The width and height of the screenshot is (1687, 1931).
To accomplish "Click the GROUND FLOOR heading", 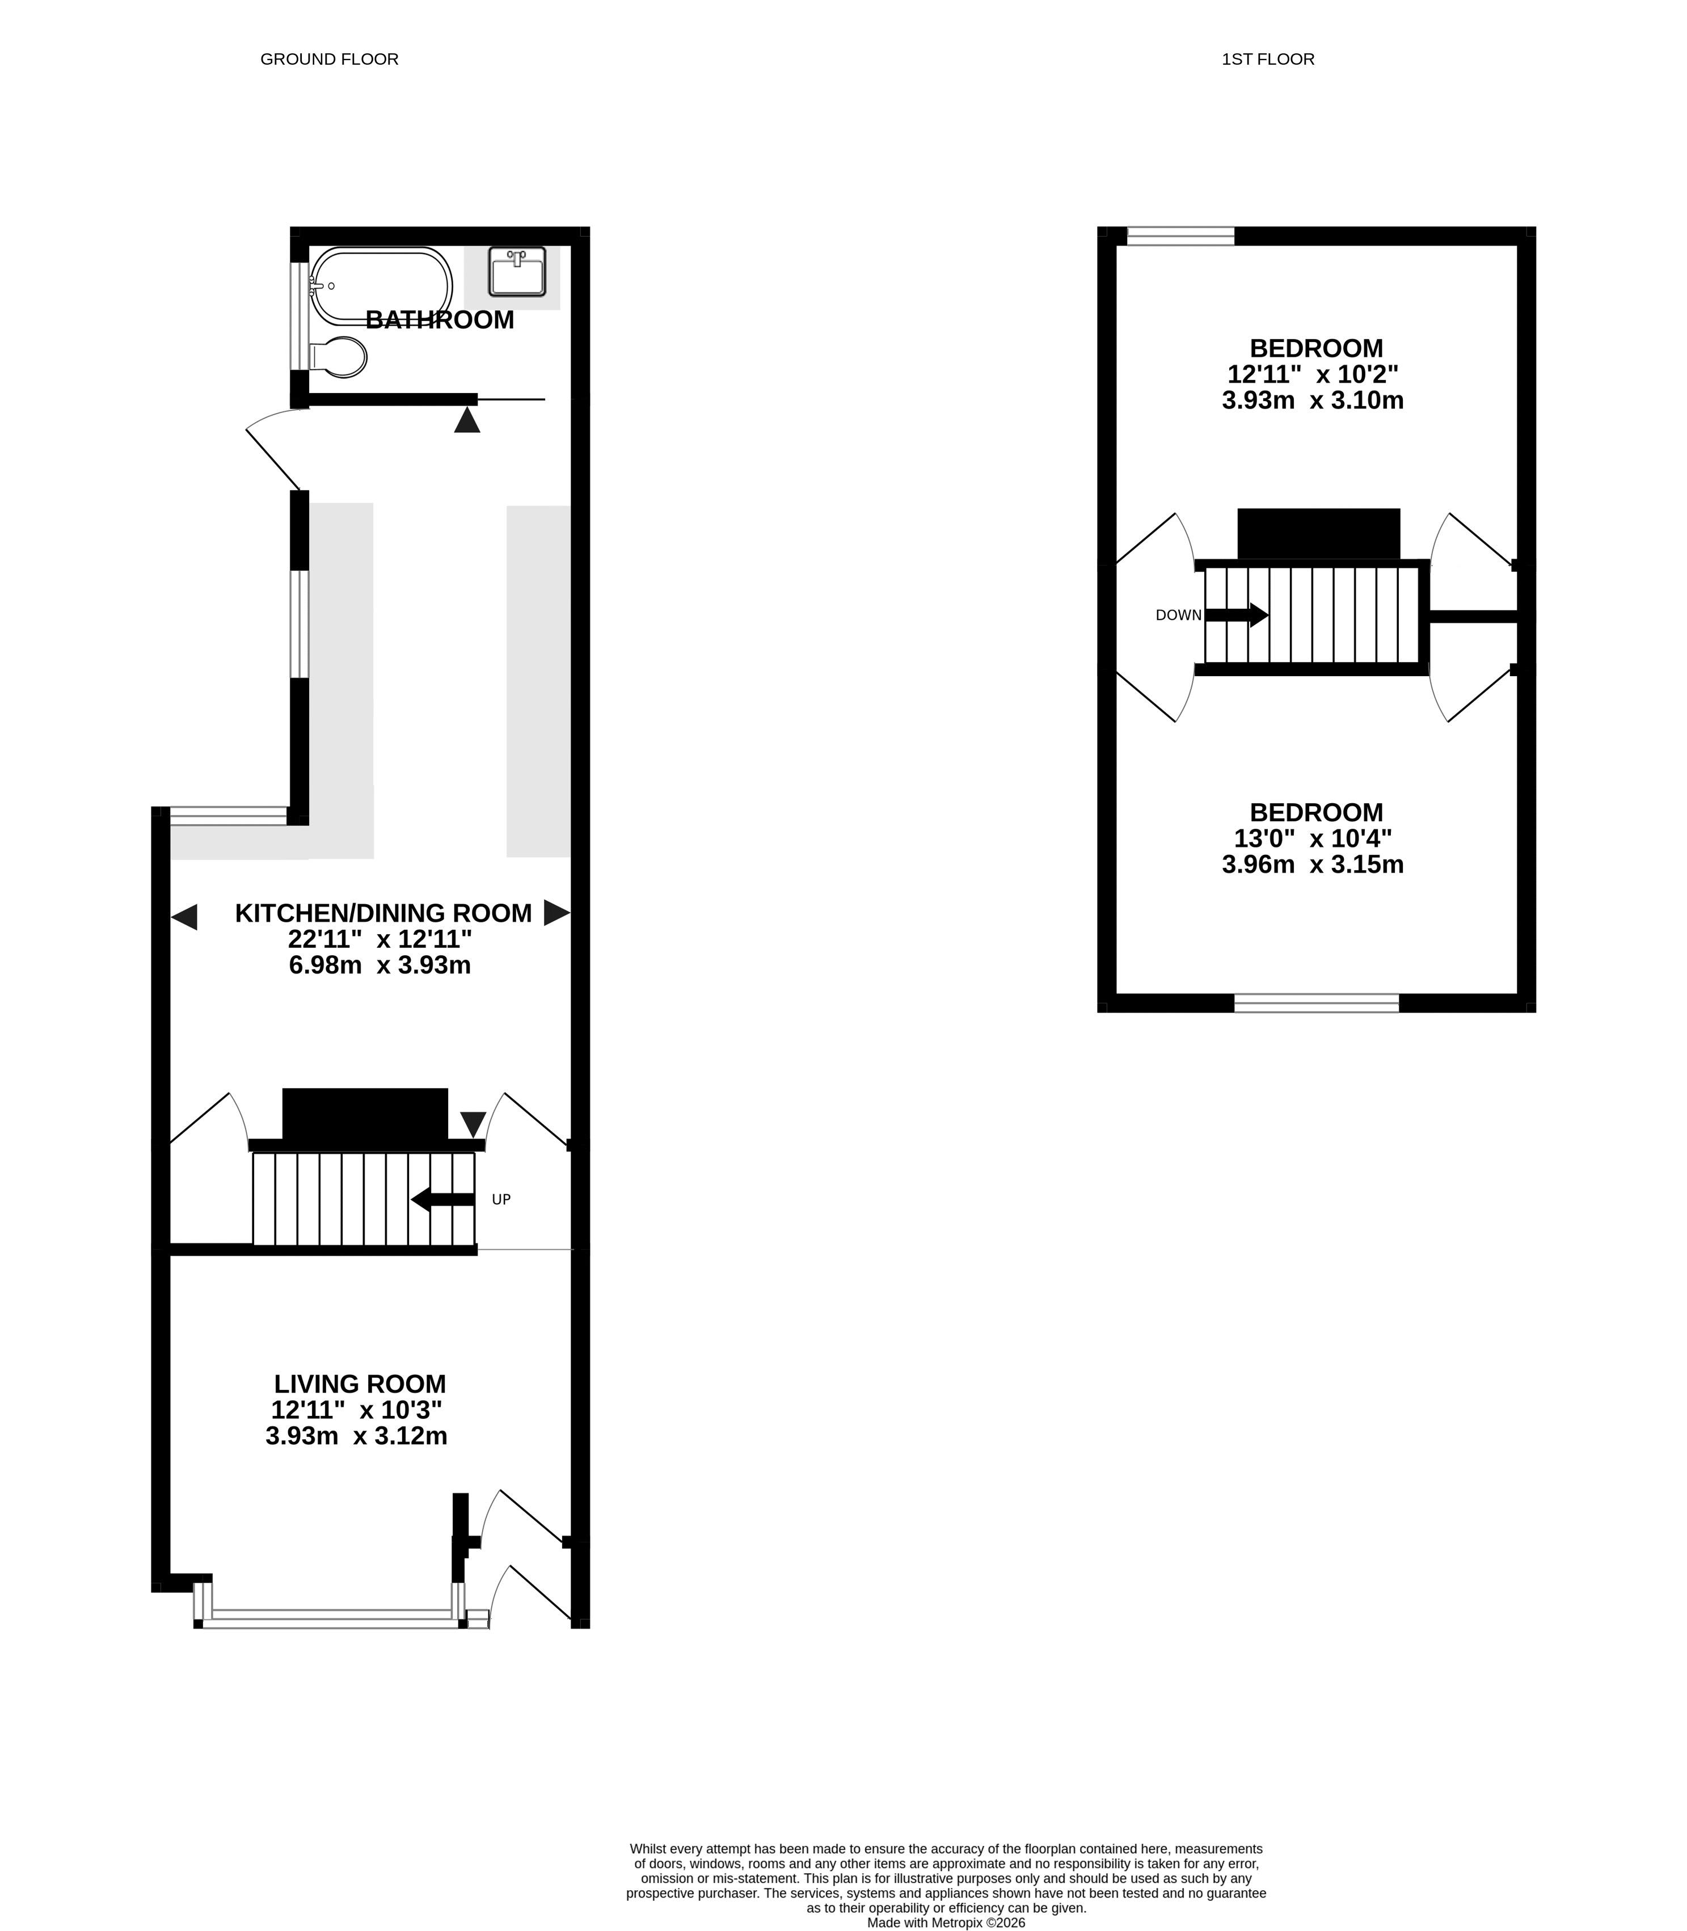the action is (330, 60).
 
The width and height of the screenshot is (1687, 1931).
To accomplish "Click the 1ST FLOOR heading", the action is (1268, 60).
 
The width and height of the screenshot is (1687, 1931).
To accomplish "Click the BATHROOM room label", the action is (440, 320).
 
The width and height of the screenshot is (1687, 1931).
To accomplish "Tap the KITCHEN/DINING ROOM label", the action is (383, 913).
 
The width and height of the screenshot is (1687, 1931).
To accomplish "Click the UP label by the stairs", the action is (502, 1199).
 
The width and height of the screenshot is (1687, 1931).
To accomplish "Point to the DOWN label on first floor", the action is (1179, 615).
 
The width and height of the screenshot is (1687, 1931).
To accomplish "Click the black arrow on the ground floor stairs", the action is (444, 1199).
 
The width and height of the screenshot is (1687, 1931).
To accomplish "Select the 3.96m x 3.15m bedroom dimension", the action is (1313, 865).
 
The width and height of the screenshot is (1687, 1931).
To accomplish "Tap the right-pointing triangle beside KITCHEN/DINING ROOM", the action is (557, 912).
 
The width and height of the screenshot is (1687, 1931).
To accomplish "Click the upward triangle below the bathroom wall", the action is (467, 420).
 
